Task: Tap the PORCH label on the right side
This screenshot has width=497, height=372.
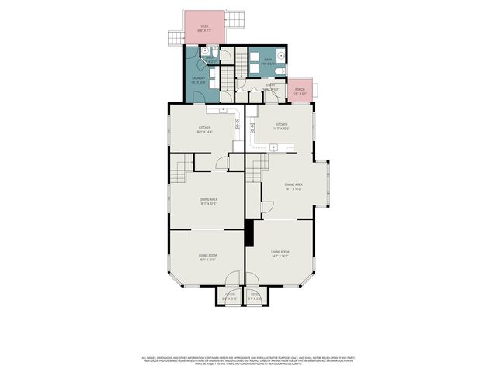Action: (x=300, y=90)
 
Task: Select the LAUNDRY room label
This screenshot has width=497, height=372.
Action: (x=198, y=77)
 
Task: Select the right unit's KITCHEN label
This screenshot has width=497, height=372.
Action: (x=281, y=125)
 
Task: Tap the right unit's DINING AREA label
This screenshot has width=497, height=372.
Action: (x=293, y=184)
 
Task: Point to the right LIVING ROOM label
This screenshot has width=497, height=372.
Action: (x=280, y=252)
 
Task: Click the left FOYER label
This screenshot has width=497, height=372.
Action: (x=230, y=294)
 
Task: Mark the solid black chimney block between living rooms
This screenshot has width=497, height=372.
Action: (x=248, y=232)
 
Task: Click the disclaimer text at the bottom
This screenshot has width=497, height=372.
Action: (x=248, y=360)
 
